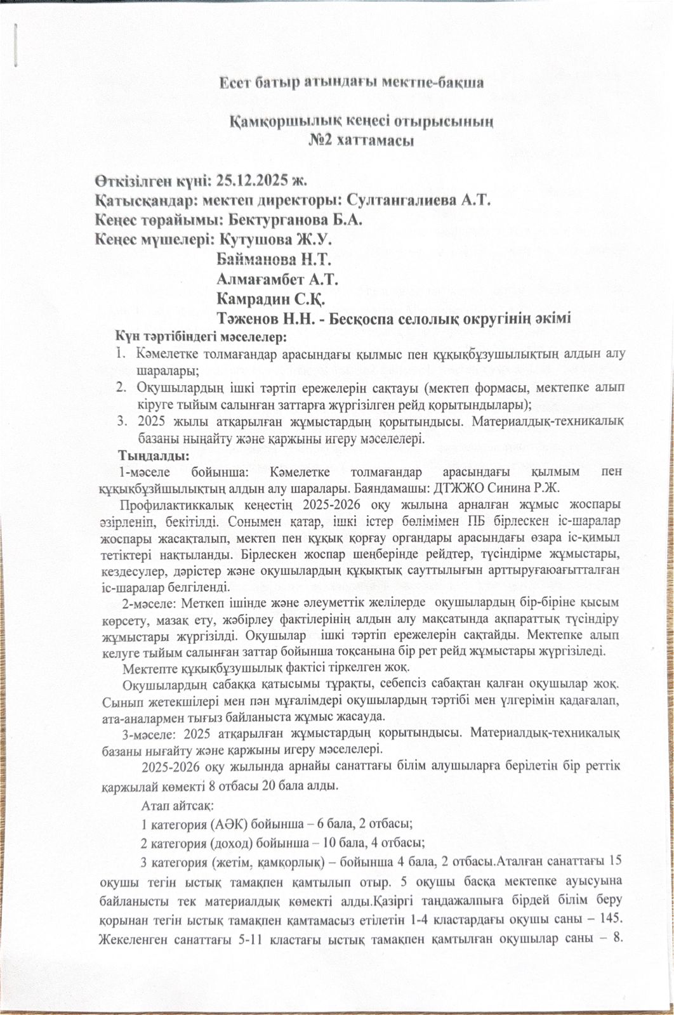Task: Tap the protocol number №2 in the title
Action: coord(321,139)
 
